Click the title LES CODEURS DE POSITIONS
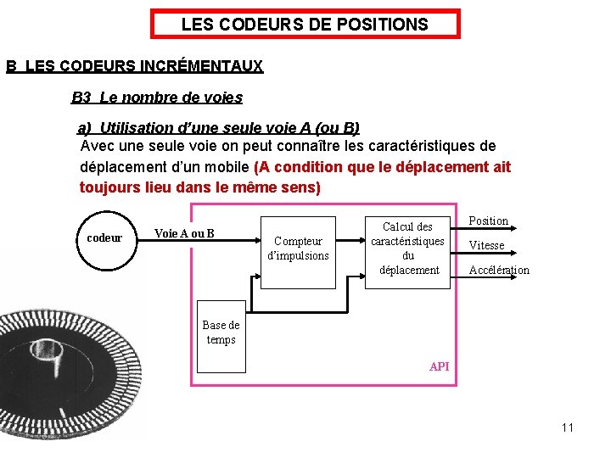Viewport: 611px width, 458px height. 305,25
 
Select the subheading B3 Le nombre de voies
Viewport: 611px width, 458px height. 157,98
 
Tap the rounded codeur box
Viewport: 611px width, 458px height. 104,238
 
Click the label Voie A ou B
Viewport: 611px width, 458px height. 184,233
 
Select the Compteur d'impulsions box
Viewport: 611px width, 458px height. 298,248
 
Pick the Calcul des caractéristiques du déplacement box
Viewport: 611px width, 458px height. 407,248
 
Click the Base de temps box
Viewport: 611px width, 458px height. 221,332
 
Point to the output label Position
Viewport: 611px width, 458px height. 489,221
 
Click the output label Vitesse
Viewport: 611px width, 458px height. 487,245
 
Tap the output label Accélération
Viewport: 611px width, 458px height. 499,270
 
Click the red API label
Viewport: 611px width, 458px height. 440,366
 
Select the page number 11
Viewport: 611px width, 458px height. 567,427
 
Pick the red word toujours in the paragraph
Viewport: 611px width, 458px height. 109,187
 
